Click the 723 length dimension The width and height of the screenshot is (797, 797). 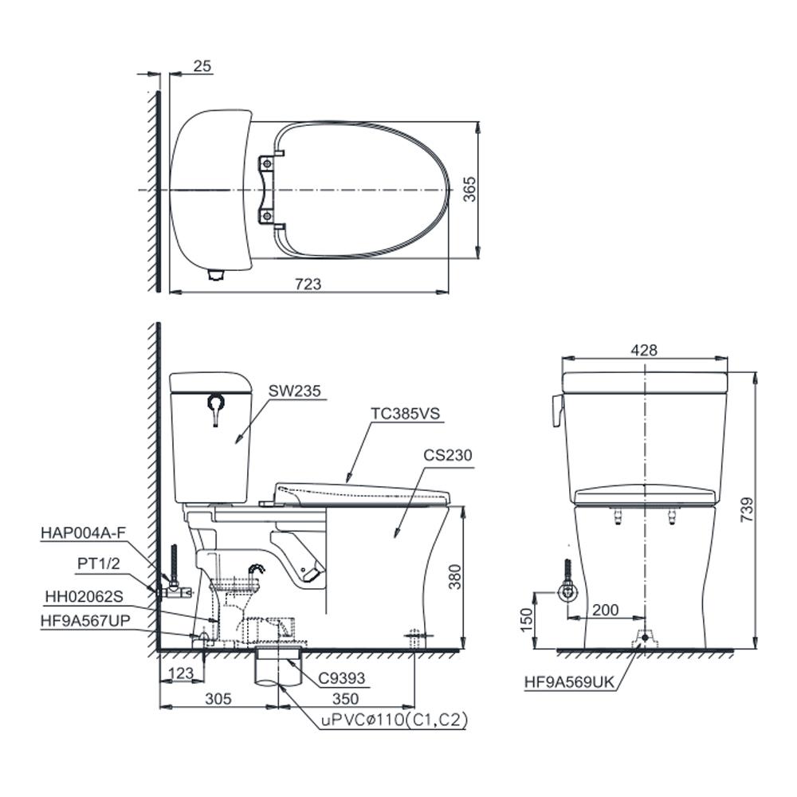pos(308,284)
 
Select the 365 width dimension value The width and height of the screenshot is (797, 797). pos(469,189)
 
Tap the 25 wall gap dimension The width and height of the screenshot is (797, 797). pos(202,66)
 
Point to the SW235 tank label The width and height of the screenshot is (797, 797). pos(295,391)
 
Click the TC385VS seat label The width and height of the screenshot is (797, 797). pos(405,413)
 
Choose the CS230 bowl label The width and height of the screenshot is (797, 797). pos(448,455)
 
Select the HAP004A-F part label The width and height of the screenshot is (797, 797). pos(83,532)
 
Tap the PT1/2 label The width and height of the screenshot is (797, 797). pos(99,563)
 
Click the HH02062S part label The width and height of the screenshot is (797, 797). pos(84,596)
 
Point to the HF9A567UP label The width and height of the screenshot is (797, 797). pos(85,620)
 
